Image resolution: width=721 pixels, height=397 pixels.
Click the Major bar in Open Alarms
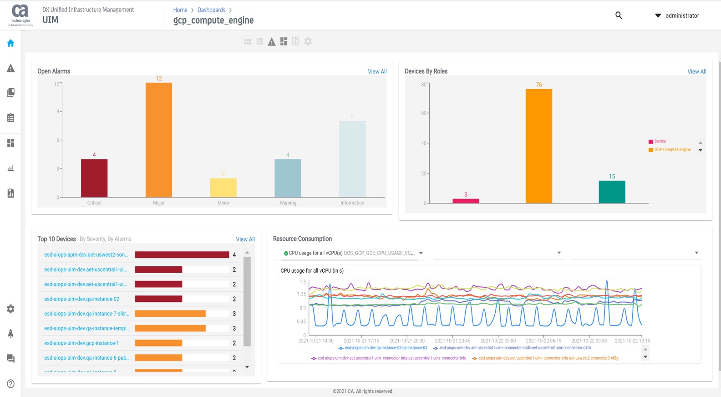[x=158, y=140]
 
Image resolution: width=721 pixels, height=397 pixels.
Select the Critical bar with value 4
[x=94, y=178]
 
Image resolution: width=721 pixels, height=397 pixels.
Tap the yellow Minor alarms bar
[x=223, y=188]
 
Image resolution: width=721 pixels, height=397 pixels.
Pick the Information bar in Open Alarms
[x=352, y=159]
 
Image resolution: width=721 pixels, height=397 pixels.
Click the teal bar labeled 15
[x=612, y=192]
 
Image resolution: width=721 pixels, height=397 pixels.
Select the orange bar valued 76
[x=538, y=146]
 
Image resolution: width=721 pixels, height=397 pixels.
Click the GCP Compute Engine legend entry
[x=672, y=150]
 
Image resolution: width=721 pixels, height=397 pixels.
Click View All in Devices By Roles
[x=696, y=71]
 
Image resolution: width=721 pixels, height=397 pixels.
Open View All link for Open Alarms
[x=377, y=71]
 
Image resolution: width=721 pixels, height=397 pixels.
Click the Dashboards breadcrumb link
[x=211, y=10]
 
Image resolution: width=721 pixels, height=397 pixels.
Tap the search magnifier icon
[x=619, y=15]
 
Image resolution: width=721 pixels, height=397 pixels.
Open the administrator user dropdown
[x=677, y=15]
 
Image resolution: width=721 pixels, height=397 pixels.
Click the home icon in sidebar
[x=11, y=43]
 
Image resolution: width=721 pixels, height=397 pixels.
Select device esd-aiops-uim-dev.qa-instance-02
[x=81, y=299]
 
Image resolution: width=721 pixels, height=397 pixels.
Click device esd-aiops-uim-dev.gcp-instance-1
[x=81, y=343]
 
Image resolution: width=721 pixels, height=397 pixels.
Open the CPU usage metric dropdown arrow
[x=421, y=253]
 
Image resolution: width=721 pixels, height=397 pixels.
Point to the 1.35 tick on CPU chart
[x=301, y=294]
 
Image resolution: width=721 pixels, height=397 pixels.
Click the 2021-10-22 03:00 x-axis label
[x=498, y=341]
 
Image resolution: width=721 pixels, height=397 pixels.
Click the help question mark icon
[x=11, y=384]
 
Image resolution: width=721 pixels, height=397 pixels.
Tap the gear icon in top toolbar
[x=308, y=41]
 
